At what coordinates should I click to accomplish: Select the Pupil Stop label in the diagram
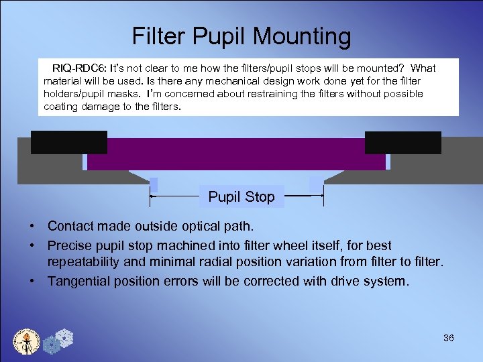(x=241, y=197)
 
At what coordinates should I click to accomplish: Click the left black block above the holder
(x=69, y=142)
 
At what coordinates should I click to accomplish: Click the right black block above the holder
(x=402, y=142)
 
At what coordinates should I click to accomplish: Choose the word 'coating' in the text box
(x=62, y=107)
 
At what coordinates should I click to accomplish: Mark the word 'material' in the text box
(x=64, y=81)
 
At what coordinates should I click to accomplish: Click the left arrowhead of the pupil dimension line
(x=152, y=197)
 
